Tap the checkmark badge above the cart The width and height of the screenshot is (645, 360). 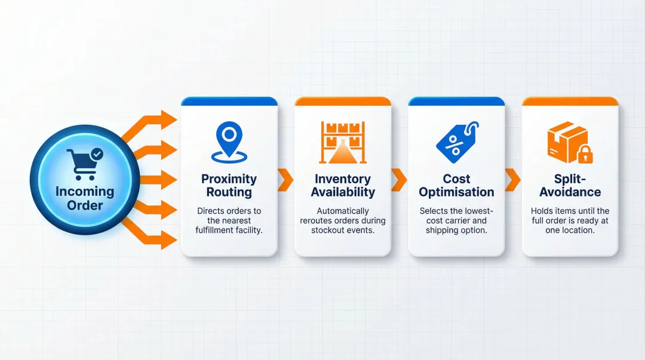click(96, 155)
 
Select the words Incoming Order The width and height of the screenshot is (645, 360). click(85, 198)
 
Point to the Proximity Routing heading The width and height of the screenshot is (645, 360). click(229, 185)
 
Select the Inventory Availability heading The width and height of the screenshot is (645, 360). click(343, 185)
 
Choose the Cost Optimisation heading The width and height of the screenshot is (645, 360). click(456, 185)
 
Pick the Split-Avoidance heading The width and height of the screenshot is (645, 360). click(570, 185)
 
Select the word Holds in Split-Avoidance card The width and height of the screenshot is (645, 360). click(542, 211)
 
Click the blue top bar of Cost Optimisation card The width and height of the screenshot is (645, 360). click(456, 101)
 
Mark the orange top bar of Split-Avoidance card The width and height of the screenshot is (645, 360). click(570, 101)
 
